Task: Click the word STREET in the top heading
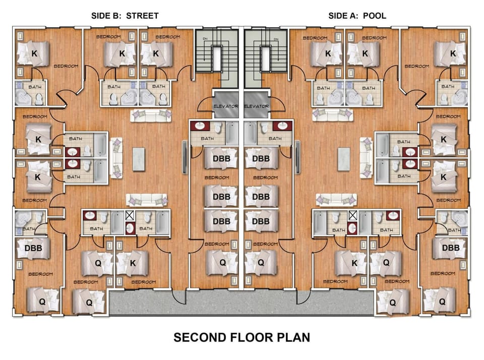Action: [x=142, y=16]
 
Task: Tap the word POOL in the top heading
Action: [x=375, y=16]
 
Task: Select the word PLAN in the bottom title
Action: [x=293, y=337]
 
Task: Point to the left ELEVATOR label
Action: [x=226, y=106]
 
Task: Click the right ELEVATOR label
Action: [x=257, y=106]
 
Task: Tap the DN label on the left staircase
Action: [x=205, y=39]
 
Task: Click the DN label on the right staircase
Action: [x=276, y=39]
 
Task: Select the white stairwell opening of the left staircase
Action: [x=217, y=58]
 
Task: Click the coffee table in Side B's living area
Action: [x=139, y=159]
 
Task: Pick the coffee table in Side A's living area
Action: [x=343, y=159]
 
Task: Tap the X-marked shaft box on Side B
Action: [x=130, y=215]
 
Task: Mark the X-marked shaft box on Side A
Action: [x=352, y=215]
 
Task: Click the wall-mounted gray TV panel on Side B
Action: [x=185, y=157]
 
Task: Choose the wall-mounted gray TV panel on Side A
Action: [x=297, y=157]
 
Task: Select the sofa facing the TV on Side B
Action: [x=116, y=158]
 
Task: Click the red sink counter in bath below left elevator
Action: [x=200, y=126]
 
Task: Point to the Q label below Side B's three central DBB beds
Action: [x=222, y=263]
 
